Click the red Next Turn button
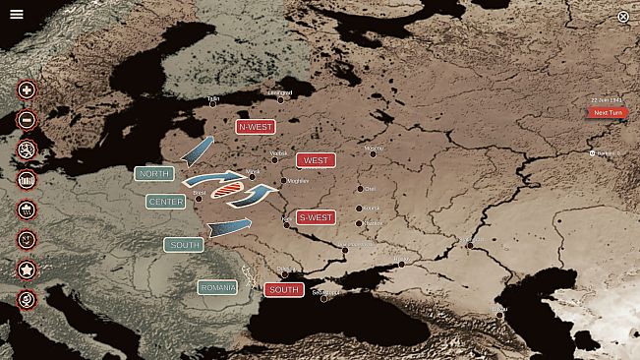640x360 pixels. pos(607,112)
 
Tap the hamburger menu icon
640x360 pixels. pos(17,14)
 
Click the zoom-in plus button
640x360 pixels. pos(27,90)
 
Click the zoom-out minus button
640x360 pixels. pos(27,120)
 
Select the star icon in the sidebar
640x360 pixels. pos(27,270)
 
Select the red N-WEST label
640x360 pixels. pos(256,127)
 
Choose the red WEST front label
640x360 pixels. pos(316,160)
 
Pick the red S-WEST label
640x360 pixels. pos(316,217)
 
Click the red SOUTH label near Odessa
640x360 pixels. pos(283,290)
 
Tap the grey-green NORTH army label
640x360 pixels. pos(154,174)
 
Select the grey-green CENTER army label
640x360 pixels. pos(165,202)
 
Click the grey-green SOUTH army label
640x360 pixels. pos(183,244)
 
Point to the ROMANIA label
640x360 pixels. pos(217,287)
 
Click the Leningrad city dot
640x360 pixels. pos(280,99)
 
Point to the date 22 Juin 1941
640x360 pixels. pos(607,100)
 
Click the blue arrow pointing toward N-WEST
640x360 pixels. pos(198,150)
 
